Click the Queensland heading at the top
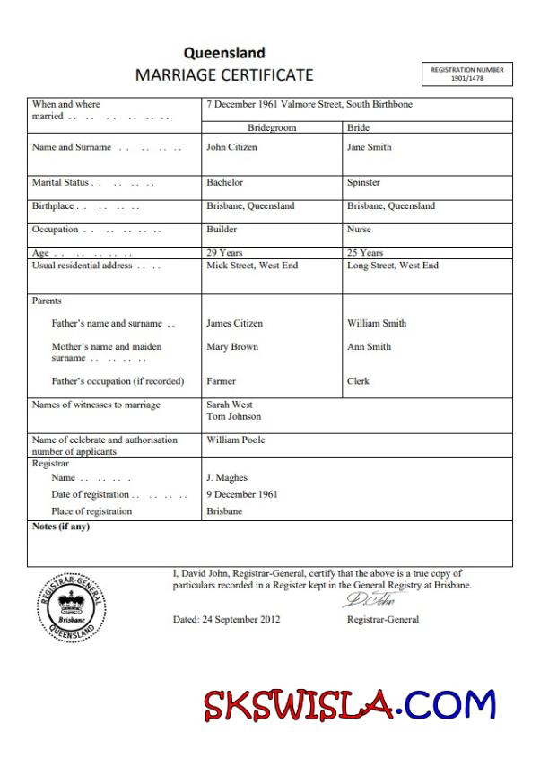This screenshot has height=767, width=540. pos(224,53)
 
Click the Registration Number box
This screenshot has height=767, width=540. pos(466,74)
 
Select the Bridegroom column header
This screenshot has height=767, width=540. pos(271,127)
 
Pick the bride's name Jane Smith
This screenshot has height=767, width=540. pos(369,147)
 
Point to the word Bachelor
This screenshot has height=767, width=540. pos(224,182)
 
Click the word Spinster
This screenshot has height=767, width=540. pos(363,182)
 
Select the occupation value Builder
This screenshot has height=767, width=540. pos(222,229)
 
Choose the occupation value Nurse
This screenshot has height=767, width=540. pos(359,229)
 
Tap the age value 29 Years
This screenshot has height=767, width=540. pos(224,253)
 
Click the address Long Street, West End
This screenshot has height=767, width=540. pos(392,266)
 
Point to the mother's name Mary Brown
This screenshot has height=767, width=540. pos(231,346)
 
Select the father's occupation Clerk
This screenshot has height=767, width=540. pos(358,381)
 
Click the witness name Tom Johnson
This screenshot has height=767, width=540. pos(233,416)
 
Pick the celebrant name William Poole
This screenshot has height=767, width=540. pos(235,440)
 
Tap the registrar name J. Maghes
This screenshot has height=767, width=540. pos(226,477)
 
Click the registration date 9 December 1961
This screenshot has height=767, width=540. pos(241,494)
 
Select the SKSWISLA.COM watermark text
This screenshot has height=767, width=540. pos(350,705)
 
